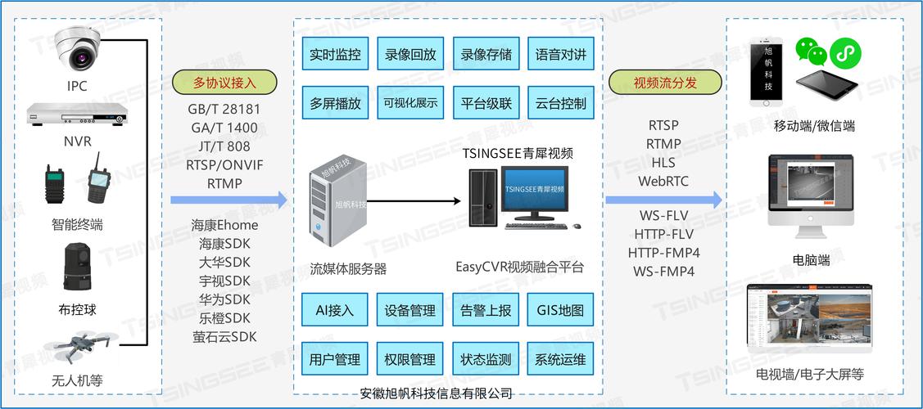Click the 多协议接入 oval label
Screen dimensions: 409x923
pos(224,83)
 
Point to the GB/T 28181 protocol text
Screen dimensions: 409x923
pos(224,110)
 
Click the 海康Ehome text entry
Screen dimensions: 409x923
pos(224,225)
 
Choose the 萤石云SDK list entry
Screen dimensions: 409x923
pos(224,336)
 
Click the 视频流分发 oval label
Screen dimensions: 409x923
pos(665,83)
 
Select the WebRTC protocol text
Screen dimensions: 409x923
pos(663,181)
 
